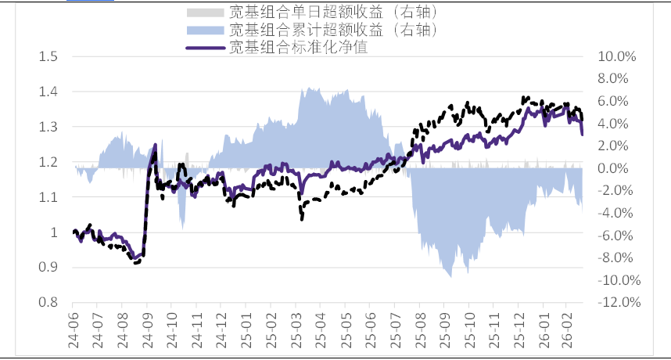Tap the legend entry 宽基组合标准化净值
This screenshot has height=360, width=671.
tap(298, 47)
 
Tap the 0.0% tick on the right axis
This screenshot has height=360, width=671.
tap(615, 168)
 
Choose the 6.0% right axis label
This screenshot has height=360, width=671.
tap(615, 101)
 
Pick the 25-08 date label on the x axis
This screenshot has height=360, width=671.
tap(418, 329)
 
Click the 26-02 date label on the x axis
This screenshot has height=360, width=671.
tap(567, 329)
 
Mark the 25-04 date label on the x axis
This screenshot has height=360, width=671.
tap(319, 329)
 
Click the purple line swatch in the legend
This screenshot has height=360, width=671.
tap(206, 47)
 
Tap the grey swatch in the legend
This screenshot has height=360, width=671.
tap(206, 13)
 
